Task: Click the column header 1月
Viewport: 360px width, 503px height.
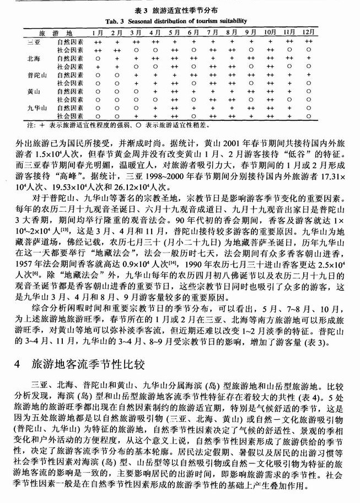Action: (98, 32)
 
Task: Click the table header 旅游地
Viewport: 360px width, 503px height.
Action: (45, 32)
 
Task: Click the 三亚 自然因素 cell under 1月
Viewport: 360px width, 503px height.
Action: (98, 41)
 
